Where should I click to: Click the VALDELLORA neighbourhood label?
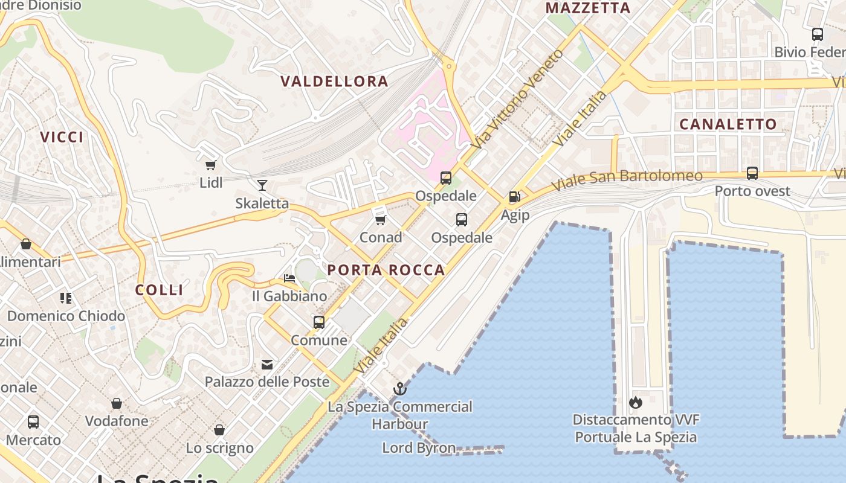[334, 82]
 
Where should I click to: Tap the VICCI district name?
[62, 137]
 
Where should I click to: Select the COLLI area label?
[159, 290]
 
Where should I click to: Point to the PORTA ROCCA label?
[386, 270]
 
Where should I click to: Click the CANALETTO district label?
[728, 124]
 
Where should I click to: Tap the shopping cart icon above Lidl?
[211, 165]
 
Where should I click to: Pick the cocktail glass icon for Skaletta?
[262, 185]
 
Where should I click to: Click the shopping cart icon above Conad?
[380, 219]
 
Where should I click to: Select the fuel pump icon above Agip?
[514, 196]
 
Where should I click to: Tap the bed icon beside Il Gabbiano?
[289, 278]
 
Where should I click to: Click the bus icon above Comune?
[319, 322]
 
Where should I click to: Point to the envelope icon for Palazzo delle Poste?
[266, 364]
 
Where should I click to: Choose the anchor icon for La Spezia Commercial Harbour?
[399, 389]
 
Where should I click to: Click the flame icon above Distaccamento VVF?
[635, 401]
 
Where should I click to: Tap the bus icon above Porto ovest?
[752, 173]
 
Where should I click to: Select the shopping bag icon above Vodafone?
[117, 403]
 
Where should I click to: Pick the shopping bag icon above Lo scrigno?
[219, 430]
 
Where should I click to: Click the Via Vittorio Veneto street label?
[518, 99]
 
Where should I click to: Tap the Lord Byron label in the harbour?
[419, 447]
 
